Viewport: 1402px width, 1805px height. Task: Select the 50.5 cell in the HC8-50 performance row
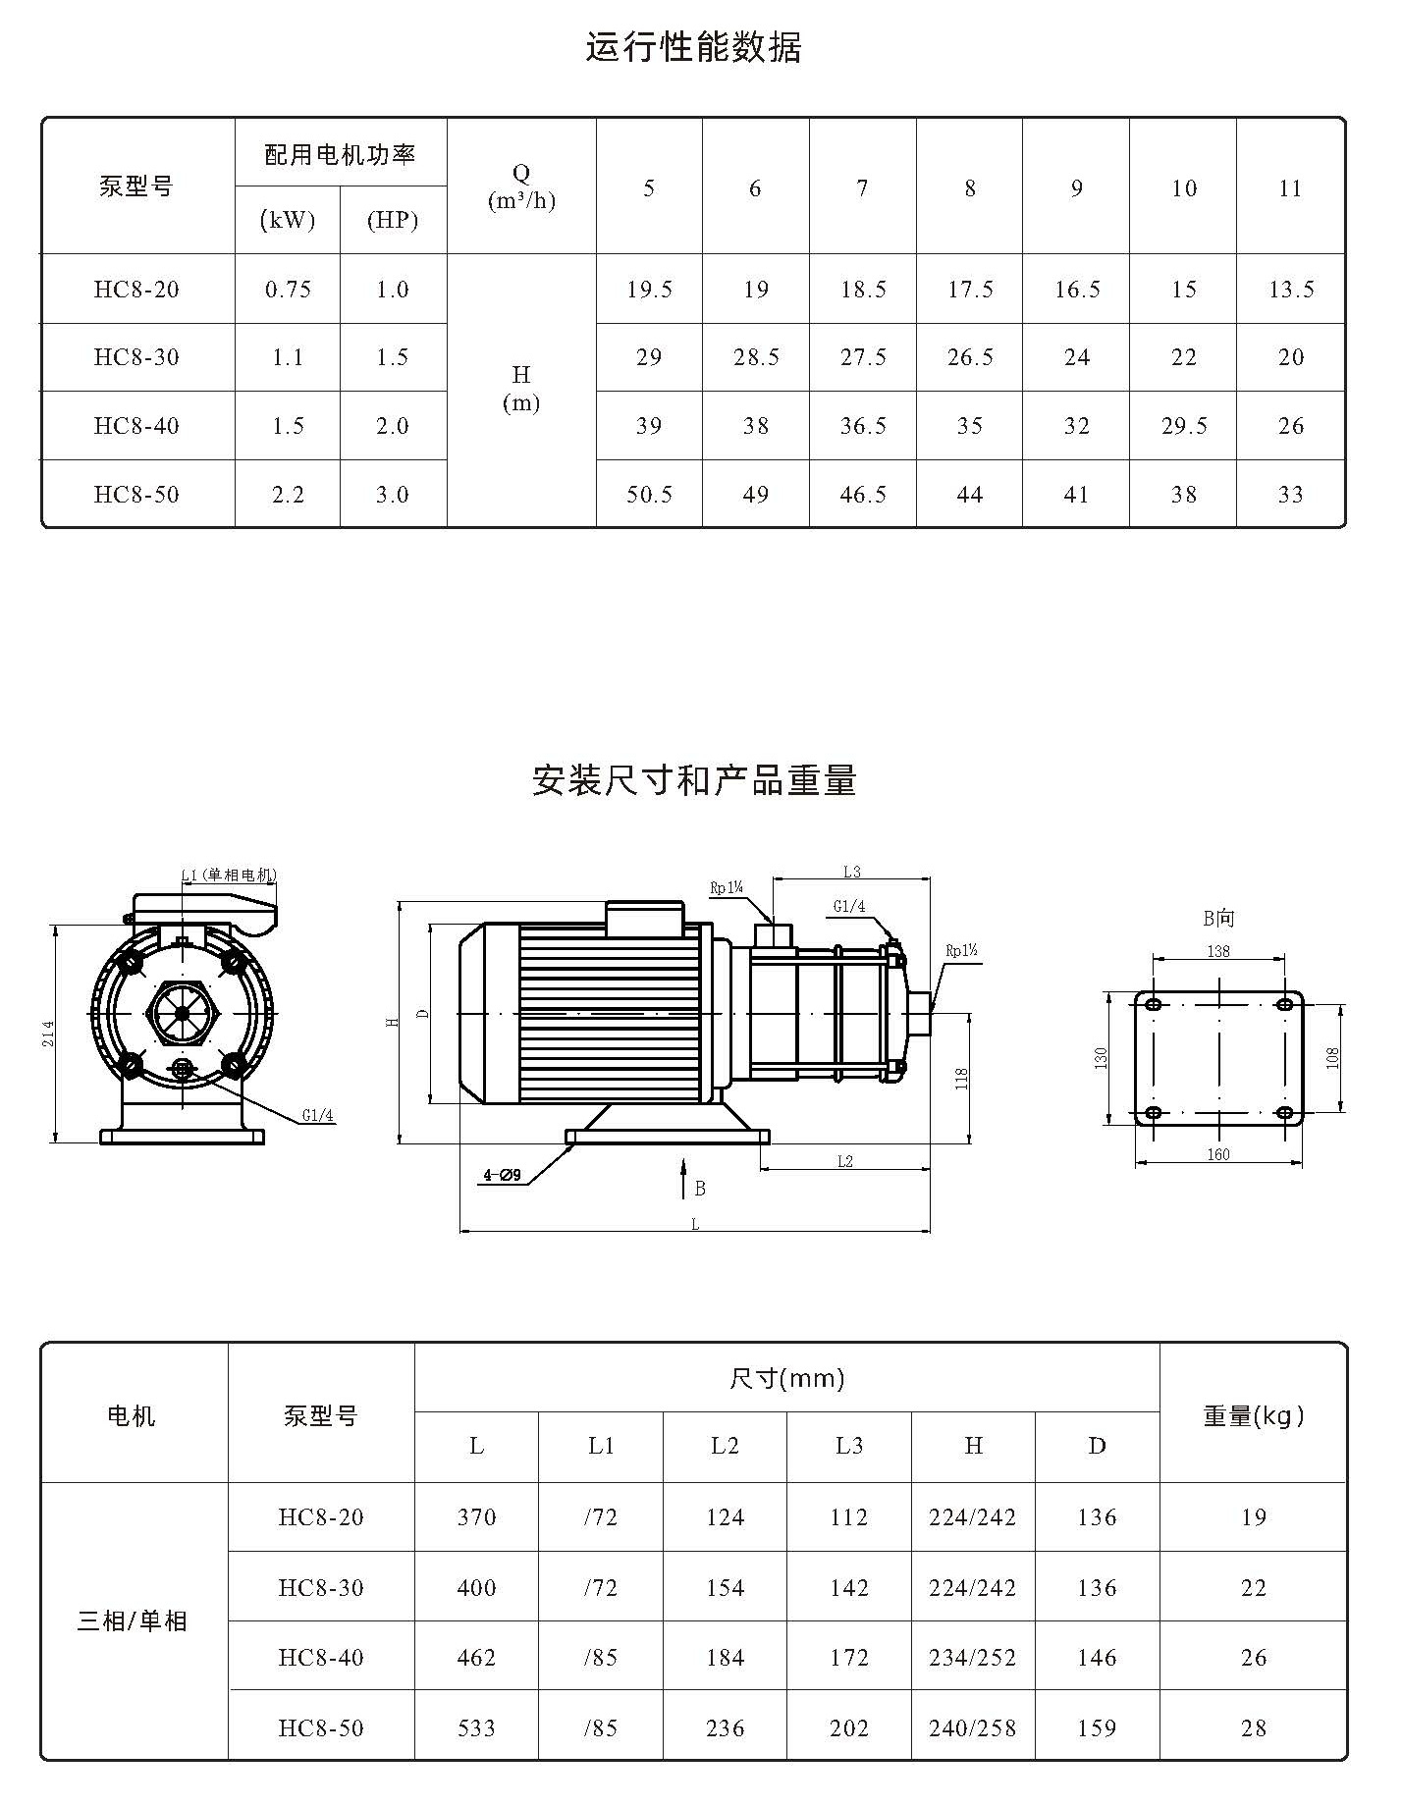click(649, 495)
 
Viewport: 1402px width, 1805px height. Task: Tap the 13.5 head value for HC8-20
click(1291, 290)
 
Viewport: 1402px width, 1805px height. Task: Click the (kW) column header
click(288, 220)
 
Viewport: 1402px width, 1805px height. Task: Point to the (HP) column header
click(393, 220)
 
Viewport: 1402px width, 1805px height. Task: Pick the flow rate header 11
click(1290, 187)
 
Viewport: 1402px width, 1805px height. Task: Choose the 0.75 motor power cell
click(288, 290)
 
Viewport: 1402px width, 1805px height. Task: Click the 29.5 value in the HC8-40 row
click(1184, 426)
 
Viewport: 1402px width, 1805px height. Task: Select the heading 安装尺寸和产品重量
click(694, 780)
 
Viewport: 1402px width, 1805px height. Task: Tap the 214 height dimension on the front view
click(48, 1034)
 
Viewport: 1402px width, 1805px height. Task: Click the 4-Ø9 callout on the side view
click(502, 1174)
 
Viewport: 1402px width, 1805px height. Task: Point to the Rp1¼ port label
click(727, 888)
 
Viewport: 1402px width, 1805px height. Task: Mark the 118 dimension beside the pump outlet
click(962, 1080)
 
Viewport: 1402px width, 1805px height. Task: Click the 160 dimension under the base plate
click(1218, 1154)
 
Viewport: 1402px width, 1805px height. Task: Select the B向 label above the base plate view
click(1218, 918)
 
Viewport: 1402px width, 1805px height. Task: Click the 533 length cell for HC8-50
click(476, 1727)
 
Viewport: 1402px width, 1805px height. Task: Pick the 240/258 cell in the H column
click(972, 1727)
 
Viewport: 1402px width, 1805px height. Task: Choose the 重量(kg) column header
click(1254, 1415)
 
